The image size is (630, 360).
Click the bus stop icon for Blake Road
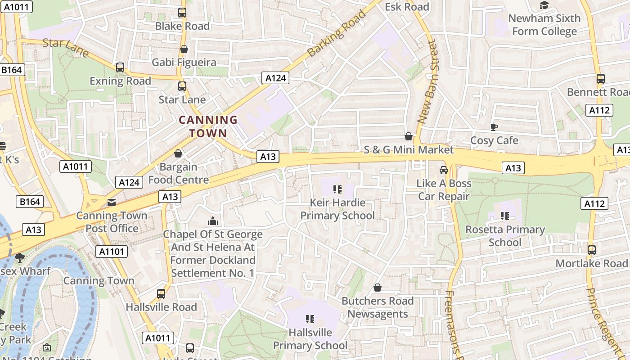pos(182,13)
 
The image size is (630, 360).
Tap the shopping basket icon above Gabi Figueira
pos(184,49)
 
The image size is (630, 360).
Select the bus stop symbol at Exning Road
pos(120,67)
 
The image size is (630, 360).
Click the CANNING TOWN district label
pos(208,126)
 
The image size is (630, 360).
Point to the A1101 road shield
pos(112,251)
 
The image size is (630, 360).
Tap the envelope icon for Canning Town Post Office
pos(111,202)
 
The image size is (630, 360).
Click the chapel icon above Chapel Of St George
pos(212,221)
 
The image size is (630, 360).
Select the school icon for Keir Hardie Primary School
pos(337,189)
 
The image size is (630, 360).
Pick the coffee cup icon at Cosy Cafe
pos(494,127)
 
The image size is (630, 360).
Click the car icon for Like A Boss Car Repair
pos(444,170)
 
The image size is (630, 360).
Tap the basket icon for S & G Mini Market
pos(409,136)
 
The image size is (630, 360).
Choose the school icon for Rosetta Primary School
pos(504,216)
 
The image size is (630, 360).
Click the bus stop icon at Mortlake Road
pos(592,250)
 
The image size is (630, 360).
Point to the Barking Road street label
pos(337,34)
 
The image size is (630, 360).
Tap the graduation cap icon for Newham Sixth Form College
pos(544,5)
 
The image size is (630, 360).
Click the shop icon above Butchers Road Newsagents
pos(378,288)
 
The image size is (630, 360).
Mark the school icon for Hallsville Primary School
pos(310,319)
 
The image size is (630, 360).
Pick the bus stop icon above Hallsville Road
pos(161,294)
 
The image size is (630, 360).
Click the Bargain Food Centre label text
pos(179,173)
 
